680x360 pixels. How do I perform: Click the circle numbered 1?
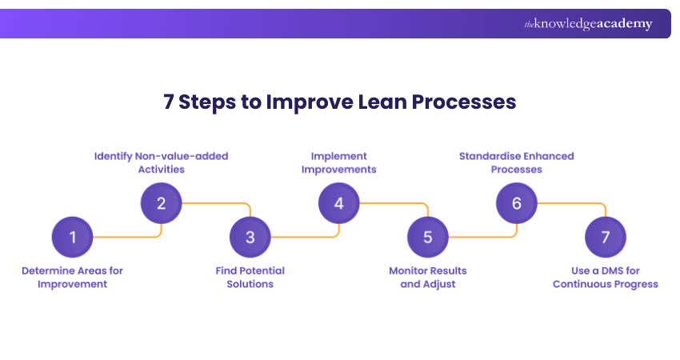point(72,237)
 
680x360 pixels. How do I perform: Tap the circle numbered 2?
point(161,203)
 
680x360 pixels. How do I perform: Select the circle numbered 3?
point(250,237)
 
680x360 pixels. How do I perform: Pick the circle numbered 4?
point(338,203)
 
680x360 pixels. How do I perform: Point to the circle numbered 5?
point(427,237)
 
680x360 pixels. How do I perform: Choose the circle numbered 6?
point(516,203)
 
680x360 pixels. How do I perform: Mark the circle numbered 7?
point(605,237)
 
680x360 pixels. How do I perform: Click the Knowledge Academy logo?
point(588,24)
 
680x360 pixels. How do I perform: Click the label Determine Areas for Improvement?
point(72,278)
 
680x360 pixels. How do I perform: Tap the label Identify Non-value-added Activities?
point(161,162)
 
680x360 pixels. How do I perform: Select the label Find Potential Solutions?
point(250,278)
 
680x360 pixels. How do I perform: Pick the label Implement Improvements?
point(338,162)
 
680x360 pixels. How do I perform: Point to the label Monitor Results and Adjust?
point(427,278)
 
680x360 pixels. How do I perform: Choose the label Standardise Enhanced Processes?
point(516,162)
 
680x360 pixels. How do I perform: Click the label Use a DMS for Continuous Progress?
point(605,278)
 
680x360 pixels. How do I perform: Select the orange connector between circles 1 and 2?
point(128,237)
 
